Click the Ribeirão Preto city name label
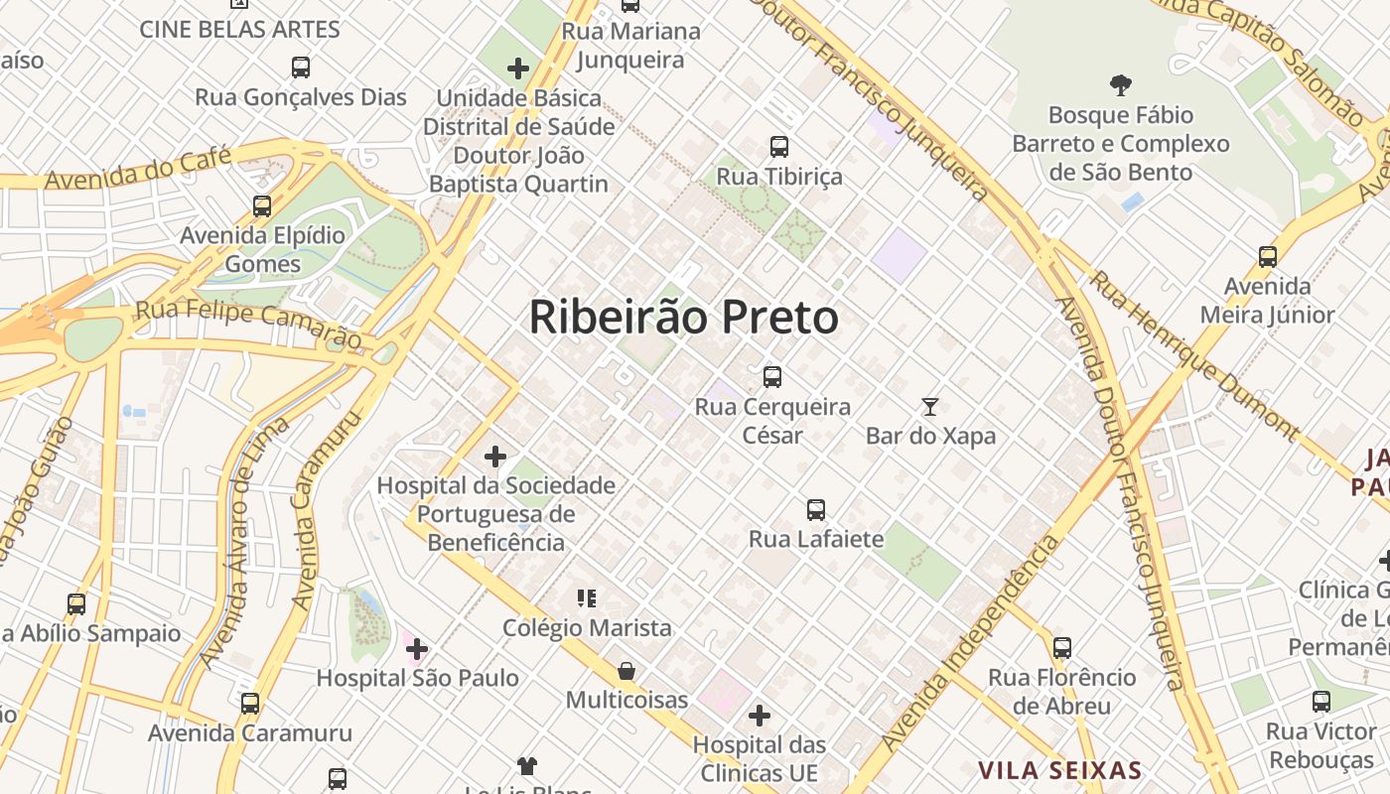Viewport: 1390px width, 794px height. (683, 318)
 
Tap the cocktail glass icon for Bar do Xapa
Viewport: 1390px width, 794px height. (930, 406)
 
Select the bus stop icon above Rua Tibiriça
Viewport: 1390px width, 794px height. (779, 147)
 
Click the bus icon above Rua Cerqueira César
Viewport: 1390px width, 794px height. (771, 377)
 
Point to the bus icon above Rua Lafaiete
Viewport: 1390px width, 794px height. (816, 510)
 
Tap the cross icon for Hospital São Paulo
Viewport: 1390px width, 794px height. (417, 649)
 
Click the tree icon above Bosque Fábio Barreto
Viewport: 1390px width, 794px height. (1121, 85)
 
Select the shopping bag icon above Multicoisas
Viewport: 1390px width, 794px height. (626, 671)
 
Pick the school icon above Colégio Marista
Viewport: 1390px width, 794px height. (587, 597)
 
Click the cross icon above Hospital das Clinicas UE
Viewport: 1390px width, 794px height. (760, 715)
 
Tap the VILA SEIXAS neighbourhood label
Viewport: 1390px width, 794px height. (1059, 770)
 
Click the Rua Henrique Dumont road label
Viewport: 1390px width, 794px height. (1193, 354)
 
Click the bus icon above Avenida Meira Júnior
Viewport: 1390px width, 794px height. (1268, 257)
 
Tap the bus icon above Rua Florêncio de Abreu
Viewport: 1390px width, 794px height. (1062, 648)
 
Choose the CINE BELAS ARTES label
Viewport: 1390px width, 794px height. (239, 29)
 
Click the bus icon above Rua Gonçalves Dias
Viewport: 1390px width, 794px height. (301, 67)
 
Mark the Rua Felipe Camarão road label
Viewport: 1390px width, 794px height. (247, 321)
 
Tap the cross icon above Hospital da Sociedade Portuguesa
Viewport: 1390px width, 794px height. (495, 457)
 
